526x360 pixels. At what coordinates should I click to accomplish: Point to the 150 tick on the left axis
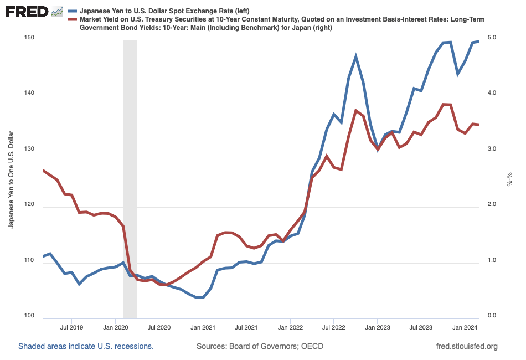[x=29, y=38]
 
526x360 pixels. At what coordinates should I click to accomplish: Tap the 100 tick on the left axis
[x=29, y=317]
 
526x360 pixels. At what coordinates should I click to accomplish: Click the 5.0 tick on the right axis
[x=491, y=38]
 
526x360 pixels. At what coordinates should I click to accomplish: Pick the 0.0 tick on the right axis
[x=491, y=316]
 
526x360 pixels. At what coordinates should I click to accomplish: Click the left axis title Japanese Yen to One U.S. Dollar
[x=11, y=178]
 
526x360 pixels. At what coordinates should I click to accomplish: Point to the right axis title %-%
[x=509, y=178]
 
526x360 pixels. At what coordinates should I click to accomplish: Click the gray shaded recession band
[x=130, y=177]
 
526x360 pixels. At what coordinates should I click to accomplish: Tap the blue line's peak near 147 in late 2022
[x=356, y=56]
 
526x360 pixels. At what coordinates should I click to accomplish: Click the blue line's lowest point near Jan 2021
[x=200, y=297]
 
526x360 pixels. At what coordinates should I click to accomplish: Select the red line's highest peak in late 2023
[x=443, y=104]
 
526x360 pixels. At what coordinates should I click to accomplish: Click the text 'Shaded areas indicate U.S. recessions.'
[x=86, y=347]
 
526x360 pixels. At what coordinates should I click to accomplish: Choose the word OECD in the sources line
[x=312, y=347]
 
